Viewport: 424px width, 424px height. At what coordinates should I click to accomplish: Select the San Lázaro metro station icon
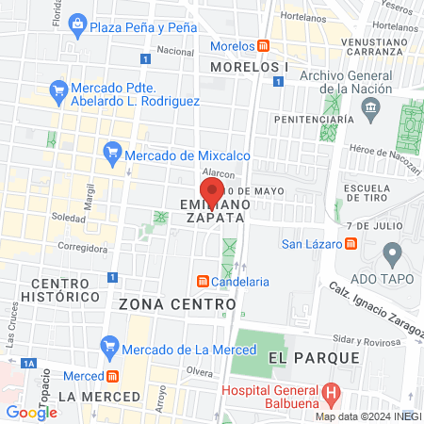coord(351,245)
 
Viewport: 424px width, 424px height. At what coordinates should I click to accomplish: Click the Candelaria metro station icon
coord(202,281)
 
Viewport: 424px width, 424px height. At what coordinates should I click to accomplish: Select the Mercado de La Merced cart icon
coord(110,350)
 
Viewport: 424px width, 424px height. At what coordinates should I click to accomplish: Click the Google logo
coord(31,412)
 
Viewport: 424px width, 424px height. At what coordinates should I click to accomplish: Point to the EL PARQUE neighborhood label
coord(314,358)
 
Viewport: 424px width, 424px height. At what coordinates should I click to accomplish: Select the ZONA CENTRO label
coord(177,304)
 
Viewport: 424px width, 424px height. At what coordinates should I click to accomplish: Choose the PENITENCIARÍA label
coord(314,120)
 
